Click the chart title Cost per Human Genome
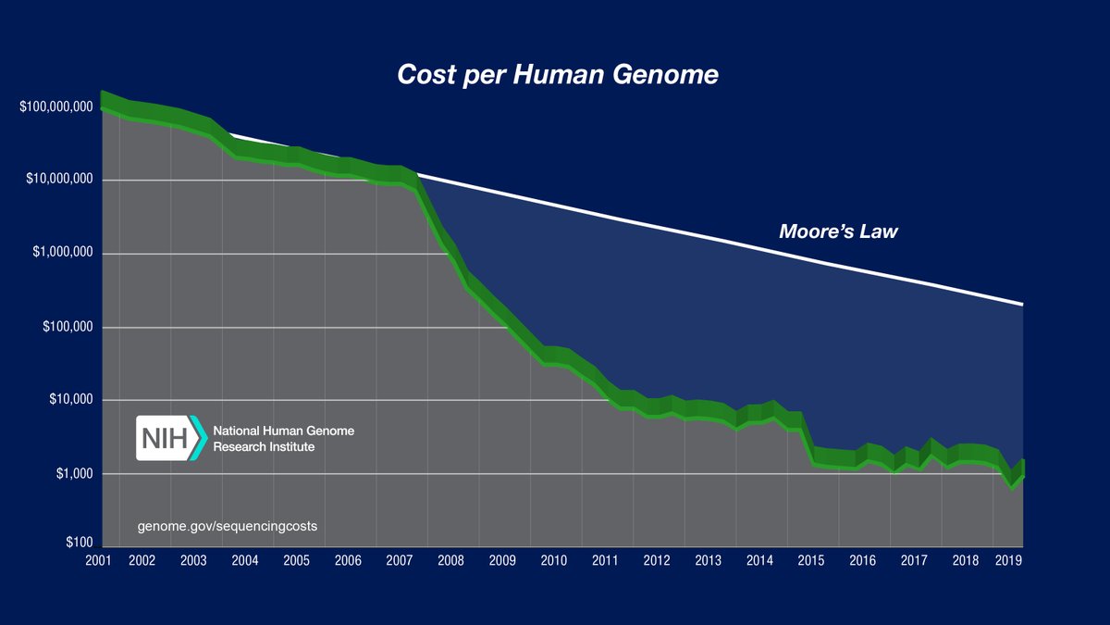click(557, 75)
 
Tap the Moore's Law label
click(838, 231)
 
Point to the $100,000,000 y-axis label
click(56, 107)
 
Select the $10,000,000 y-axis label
click(59, 180)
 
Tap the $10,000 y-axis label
click(70, 400)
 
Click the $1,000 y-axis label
click(74, 474)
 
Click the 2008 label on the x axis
click(450, 561)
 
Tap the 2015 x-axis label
click(810, 561)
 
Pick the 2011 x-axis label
click(605, 561)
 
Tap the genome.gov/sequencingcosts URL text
click(228, 526)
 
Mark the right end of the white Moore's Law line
click(1022, 304)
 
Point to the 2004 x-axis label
click(244, 561)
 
